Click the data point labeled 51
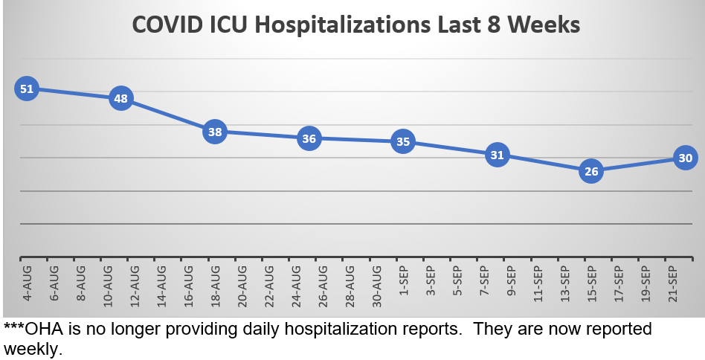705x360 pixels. (27, 89)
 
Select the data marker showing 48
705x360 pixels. (120, 98)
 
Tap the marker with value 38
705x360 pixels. (215, 132)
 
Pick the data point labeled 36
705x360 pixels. (309, 138)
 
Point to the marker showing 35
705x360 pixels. (403, 141)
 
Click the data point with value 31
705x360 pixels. (497, 155)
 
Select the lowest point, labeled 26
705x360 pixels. (591, 171)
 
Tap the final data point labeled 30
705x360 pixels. (685, 158)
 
